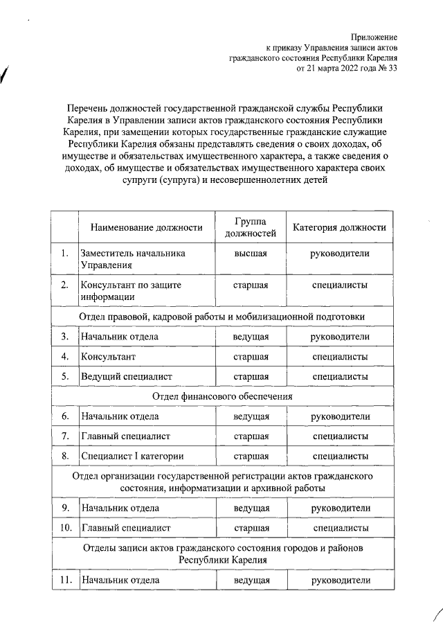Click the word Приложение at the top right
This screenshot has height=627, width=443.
[x=374, y=35]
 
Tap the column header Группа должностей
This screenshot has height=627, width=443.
[x=251, y=227]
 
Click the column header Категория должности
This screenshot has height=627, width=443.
[x=339, y=227]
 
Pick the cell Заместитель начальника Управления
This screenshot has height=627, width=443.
[x=133, y=259]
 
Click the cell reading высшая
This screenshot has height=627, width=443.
[x=251, y=254]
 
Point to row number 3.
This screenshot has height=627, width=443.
[x=64, y=337]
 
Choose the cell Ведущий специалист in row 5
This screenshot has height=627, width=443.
[x=126, y=376]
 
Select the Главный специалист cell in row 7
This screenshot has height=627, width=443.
[x=125, y=436]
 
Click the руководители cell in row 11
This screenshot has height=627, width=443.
[x=340, y=580]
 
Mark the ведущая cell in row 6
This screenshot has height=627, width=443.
[x=251, y=416]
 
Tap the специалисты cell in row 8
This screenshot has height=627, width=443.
[x=340, y=456]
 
